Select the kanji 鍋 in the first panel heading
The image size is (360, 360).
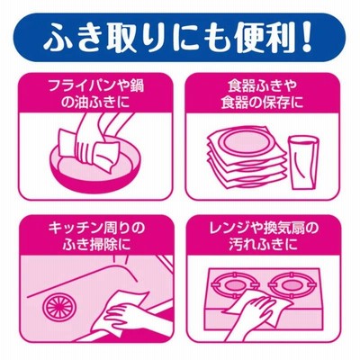coord(137,86)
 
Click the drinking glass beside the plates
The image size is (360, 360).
coord(302,162)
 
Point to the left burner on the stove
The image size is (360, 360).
coord(236,285)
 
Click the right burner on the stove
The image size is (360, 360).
coord(291,285)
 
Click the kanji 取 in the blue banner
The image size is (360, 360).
coord(106,38)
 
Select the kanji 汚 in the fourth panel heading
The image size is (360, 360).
coord(236,245)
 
